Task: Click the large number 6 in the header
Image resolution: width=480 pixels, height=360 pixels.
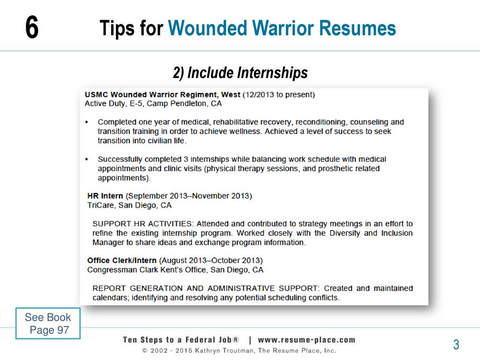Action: (32, 28)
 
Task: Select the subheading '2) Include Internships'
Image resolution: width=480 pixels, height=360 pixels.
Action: (240, 73)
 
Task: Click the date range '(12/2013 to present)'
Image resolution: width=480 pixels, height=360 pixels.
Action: (278, 95)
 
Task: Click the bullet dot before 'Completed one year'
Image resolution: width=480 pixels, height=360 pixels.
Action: (87, 122)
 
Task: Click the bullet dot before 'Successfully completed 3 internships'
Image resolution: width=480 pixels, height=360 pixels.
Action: (87, 159)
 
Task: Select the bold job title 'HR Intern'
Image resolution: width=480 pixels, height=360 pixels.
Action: (105, 196)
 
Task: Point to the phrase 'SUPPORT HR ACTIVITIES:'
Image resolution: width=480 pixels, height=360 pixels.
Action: (143, 224)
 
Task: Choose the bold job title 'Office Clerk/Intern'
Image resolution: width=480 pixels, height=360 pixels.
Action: (122, 261)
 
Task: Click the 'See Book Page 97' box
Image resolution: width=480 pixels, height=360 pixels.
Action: (48, 323)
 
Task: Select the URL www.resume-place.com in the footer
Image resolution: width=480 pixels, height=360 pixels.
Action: (307, 340)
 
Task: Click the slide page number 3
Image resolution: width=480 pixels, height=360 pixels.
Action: (456, 345)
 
